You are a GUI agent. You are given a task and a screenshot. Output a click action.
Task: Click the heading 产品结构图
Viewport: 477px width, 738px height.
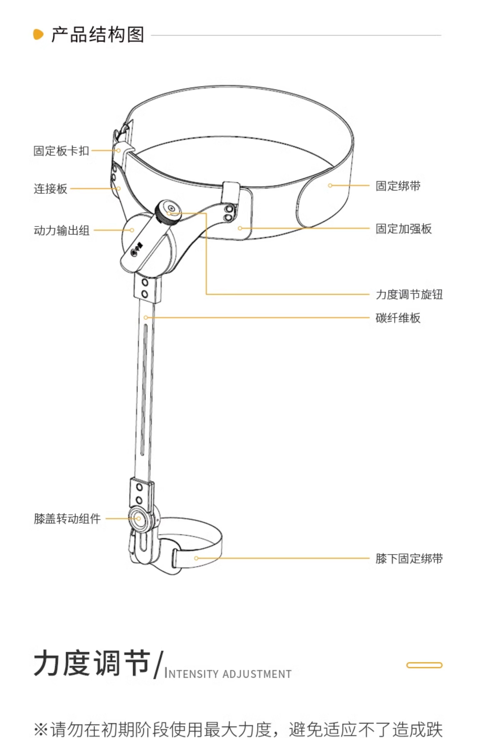point(98,34)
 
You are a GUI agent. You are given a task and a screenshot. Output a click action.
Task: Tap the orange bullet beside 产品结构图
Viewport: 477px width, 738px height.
point(38,34)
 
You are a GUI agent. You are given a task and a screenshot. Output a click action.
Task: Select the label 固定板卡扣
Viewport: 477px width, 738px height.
point(61,151)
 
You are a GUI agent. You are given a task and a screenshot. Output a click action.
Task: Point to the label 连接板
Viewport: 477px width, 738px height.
point(50,189)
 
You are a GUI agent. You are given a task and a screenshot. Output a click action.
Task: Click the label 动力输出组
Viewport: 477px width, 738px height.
point(61,230)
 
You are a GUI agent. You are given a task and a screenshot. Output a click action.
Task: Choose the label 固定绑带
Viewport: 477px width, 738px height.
point(398,186)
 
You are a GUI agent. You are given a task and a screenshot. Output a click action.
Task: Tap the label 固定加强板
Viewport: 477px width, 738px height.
point(404,229)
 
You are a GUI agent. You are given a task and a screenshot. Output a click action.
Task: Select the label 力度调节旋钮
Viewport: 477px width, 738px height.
point(409,294)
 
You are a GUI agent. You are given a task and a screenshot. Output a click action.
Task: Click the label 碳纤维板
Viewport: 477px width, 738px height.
point(398,318)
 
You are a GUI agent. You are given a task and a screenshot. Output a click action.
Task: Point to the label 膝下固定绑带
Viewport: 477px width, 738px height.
point(409,558)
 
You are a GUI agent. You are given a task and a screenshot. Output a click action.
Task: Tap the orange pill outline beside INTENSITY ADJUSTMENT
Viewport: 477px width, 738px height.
point(424,665)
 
